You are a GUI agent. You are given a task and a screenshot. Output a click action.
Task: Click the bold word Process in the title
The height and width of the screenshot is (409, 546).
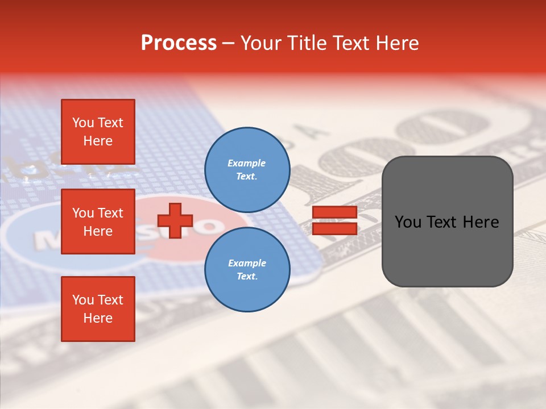tap(179, 43)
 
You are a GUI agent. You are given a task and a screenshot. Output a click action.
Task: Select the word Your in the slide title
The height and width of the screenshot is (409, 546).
tap(262, 43)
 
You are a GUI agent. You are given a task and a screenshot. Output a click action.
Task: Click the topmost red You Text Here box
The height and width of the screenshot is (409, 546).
tap(98, 132)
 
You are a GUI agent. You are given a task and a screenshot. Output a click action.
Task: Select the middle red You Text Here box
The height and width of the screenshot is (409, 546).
tap(98, 222)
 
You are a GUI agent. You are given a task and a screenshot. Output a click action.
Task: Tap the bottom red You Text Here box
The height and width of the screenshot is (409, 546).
tap(98, 308)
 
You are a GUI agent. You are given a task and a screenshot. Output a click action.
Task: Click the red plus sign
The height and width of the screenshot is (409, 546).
tap(175, 220)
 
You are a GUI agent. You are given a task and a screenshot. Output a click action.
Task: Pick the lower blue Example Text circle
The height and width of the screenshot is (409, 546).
tap(247, 269)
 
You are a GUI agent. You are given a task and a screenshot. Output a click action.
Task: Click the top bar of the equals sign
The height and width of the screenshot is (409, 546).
tap(334, 212)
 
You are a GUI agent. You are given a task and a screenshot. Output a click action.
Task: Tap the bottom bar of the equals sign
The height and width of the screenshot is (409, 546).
tap(334, 228)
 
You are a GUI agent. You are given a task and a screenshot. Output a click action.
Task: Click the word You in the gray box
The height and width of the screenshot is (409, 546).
tap(408, 222)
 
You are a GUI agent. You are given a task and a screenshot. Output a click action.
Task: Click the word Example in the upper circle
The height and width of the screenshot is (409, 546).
tap(247, 163)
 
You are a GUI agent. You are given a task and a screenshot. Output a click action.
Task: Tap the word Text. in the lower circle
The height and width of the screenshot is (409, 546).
tap(247, 276)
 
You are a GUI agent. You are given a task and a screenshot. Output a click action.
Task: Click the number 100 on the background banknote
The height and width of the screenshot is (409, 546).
tap(398, 142)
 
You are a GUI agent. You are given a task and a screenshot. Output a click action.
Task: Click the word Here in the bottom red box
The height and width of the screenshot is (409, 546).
tap(98, 318)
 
